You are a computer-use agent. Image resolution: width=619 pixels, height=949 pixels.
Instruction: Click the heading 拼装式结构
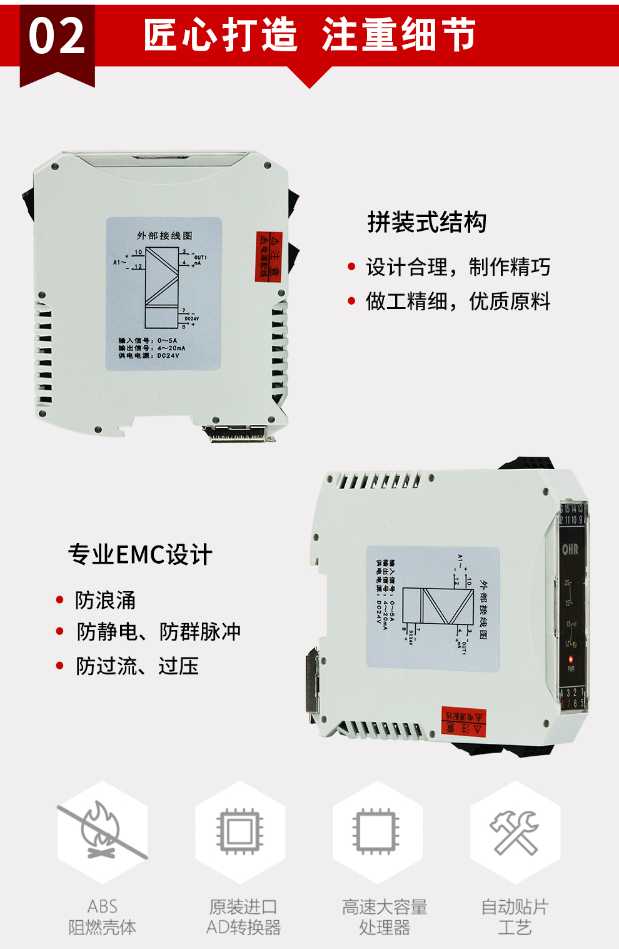pyautogui.click(x=426, y=222)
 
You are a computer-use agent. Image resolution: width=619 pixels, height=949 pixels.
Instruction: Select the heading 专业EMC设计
pyautogui.click(x=140, y=555)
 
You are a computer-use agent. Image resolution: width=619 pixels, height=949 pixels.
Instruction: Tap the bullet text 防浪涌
pyautogui.click(x=105, y=601)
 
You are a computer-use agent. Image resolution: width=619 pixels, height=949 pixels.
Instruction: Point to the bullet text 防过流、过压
pyautogui.click(x=137, y=666)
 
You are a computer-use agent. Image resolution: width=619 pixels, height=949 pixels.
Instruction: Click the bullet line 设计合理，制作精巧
pyautogui.click(x=458, y=268)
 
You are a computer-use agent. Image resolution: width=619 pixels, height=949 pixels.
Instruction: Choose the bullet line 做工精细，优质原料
pyautogui.click(x=458, y=302)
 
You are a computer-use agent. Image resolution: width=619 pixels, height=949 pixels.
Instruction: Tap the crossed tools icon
pyautogui.click(x=515, y=832)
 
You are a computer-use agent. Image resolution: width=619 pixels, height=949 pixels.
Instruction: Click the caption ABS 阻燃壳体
pyautogui.click(x=103, y=916)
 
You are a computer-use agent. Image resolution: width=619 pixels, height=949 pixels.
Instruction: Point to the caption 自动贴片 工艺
pyautogui.click(x=515, y=916)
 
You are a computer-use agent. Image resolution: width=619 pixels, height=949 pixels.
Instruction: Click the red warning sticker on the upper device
pyautogui.click(x=269, y=256)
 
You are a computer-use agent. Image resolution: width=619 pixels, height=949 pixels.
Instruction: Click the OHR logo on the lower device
pyautogui.click(x=570, y=549)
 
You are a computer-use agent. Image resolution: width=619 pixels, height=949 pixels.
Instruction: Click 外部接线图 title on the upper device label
pyautogui.click(x=164, y=236)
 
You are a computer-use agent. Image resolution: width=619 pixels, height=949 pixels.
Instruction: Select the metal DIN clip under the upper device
pyautogui.click(x=238, y=433)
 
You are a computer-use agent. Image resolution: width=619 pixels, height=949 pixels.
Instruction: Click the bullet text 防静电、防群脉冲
pyautogui.click(x=159, y=632)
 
